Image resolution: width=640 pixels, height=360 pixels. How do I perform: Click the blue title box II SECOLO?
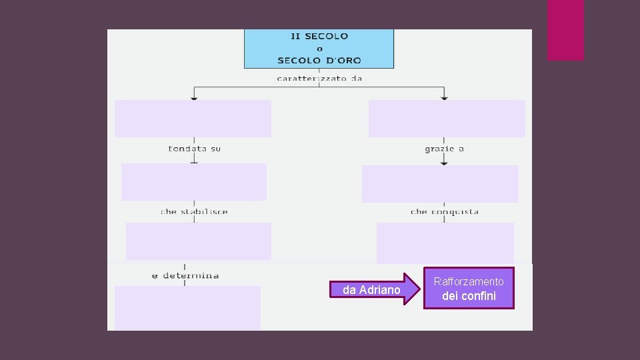tap(319, 48)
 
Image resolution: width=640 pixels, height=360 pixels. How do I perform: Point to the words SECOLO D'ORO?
tap(319, 60)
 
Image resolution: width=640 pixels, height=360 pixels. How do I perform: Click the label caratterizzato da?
tap(319, 78)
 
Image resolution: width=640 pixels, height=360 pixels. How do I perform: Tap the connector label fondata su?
tap(194, 149)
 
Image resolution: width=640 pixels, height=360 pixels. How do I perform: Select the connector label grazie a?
tap(444, 149)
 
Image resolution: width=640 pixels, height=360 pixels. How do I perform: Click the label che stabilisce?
tap(194, 211)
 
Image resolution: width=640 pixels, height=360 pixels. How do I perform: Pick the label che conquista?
tap(445, 211)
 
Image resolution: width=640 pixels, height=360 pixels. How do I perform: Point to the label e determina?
tap(185, 275)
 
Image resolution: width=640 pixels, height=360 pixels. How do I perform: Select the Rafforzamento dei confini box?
tap(469, 289)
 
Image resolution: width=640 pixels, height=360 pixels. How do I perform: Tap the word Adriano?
tap(380, 290)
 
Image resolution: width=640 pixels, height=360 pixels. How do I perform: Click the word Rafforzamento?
tap(469, 282)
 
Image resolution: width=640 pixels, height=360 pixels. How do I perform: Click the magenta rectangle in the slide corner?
tap(565, 30)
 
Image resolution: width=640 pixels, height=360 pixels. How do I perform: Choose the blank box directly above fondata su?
tap(193, 119)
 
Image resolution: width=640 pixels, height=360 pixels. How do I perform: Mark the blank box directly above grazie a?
tap(447, 119)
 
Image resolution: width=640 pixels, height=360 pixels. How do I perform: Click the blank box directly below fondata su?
tap(194, 181)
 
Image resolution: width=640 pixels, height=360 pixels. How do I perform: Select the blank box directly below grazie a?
tap(440, 183)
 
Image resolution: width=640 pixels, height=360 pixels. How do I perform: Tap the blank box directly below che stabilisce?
tap(199, 241)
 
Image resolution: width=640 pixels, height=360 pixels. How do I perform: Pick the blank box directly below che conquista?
tap(445, 243)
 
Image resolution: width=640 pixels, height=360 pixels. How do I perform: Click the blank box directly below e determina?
tap(187, 307)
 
